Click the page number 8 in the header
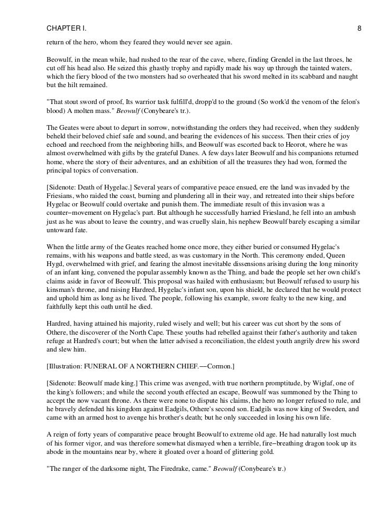coord(359,28)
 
